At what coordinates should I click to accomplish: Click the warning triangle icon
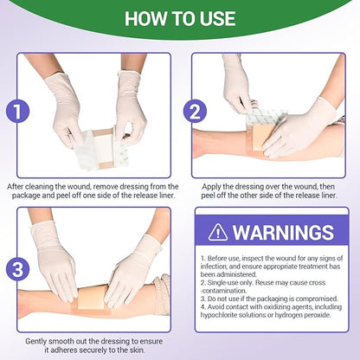click(219, 231)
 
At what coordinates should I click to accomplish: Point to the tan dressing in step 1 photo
click(101, 138)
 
